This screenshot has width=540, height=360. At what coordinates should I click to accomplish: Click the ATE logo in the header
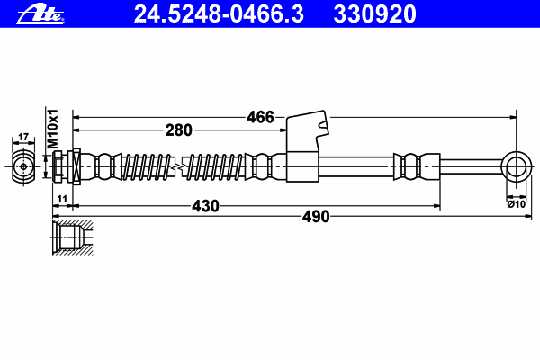click(40, 14)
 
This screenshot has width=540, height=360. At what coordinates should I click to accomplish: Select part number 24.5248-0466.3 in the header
click(219, 14)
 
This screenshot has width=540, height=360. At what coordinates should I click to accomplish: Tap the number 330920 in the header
click(374, 14)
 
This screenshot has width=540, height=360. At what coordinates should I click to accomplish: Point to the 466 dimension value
click(260, 117)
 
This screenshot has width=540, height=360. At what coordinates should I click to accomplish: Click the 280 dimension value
click(178, 130)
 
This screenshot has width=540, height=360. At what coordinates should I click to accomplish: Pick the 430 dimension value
click(205, 206)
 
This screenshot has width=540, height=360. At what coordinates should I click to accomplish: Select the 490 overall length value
click(316, 217)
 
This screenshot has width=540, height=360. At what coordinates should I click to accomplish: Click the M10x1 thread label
click(53, 129)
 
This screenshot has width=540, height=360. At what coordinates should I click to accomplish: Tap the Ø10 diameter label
click(517, 204)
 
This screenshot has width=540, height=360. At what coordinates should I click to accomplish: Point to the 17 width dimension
click(23, 137)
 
